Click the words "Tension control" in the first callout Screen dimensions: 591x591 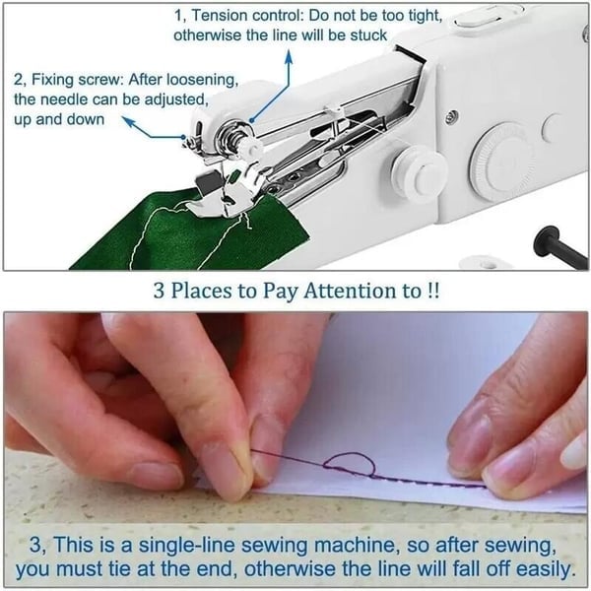[245, 16]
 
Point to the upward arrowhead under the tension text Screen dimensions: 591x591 [289, 55]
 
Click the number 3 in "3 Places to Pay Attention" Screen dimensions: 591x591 [158, 293]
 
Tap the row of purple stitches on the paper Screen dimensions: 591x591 [433, 483]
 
